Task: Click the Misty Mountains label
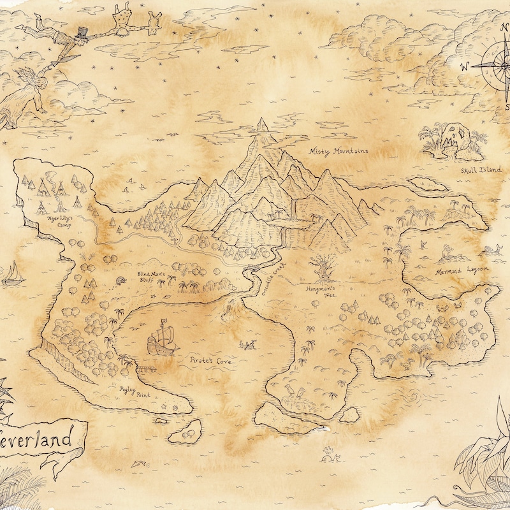pyautogui.click(x=339, y=151)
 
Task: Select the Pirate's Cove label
pyautogui.click(x=211, y=361)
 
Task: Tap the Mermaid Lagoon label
pyautogui.click(x=462, y=270)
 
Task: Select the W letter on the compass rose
pyautogui.click(x=464, y=65)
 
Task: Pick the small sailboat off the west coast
pyautogui.click(x=12, y=274)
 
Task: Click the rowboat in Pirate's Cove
pyautogui.click(x=247, y=346)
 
